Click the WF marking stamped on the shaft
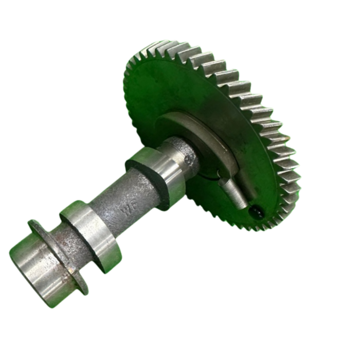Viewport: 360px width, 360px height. point(127,209)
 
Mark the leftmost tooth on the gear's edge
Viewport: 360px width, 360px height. point(127,82)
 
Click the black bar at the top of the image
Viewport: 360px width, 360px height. point(180,14)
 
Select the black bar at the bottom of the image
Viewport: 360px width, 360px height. point(180,345)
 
